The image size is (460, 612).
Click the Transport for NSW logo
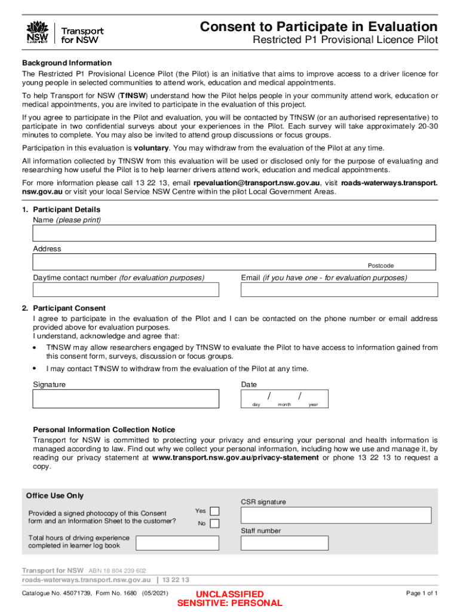[x=65, y=32]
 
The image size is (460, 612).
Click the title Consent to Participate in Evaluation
[x=318, y=27]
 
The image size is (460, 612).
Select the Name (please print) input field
[x=234, y=233]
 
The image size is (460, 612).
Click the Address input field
[x=197, y=262]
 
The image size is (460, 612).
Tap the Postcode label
[x=381, y=265]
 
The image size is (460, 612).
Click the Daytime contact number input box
[x=126, y=290]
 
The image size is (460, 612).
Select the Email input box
[x=338, y=290]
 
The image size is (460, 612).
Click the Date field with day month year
[x=284, y=398]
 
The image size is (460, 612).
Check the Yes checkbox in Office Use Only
[x=214, y=511]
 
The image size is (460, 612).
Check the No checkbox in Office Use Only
[x=214, y=524]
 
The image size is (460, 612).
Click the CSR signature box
[x=336, y=515]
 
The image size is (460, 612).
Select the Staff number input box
[x=284, y=543]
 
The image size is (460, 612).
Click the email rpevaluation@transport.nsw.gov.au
[x=257, y=183]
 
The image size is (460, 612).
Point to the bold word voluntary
[x=151, y=148]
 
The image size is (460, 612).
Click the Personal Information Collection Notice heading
[x=104, y=430]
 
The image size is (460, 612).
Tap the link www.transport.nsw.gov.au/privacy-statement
[x=235, y=458]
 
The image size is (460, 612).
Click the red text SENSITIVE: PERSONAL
[x=229, y=603]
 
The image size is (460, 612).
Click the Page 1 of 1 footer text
[x=422, y=593]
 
